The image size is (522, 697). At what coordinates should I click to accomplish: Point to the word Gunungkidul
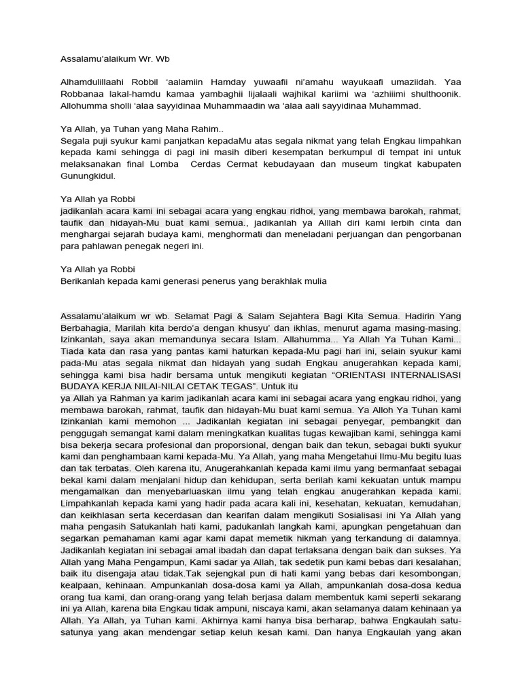point(88,176)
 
